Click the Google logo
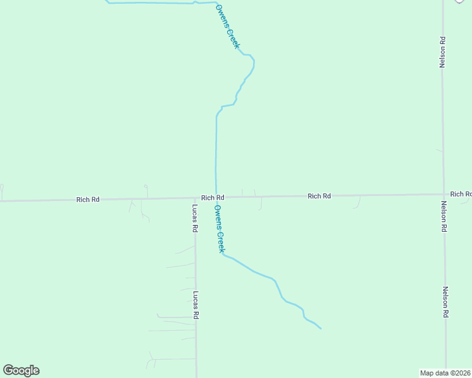click(21, 370)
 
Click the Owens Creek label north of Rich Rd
click(228, 27)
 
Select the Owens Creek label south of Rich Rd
click(219, 229)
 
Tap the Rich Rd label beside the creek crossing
click(213, 198)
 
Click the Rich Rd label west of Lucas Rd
click(88, 200)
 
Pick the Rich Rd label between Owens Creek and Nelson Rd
click(319, 197)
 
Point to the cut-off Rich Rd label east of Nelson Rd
click(461, 194)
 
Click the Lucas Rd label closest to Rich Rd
click(196, 219)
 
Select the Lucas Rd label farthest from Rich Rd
click(196, 305)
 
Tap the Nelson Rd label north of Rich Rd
click(443, 52)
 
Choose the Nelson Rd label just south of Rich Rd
click(444, 217)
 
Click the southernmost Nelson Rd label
click(445, 302)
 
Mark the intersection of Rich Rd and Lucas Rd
click(195, 198)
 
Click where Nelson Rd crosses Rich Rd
click(444, 195)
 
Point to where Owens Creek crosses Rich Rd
click(217, 197)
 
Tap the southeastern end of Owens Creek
click(321, 329)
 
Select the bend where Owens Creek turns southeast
click(223, 255)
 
